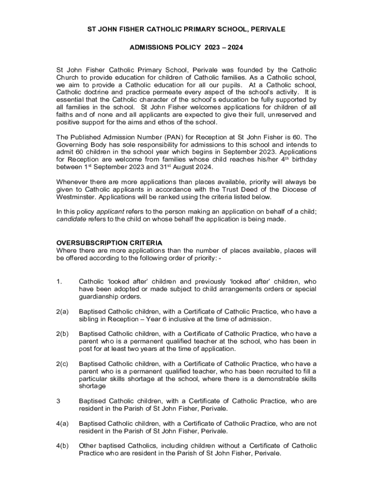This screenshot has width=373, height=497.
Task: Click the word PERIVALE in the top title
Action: coord(268,30)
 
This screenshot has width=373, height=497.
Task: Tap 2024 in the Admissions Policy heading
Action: coord(234,48)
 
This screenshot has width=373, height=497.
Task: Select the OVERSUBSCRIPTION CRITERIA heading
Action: coord(109,243)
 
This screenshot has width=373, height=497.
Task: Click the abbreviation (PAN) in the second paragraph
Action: coord(159,137)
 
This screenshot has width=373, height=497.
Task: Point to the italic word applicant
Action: coord(110,212)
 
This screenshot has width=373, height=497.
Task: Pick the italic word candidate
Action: coord(71,219)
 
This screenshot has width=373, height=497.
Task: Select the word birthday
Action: coord(303,160)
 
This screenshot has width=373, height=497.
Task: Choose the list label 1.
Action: coord(59,282)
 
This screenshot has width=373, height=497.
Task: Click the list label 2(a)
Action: coord(62,312)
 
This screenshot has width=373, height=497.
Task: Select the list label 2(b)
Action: coord(62,334)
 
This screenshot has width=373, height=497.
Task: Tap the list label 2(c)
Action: coord(62,364)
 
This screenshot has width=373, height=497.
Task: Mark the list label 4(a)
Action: coord(62,424)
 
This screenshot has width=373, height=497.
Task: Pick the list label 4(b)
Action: coord(62,446)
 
